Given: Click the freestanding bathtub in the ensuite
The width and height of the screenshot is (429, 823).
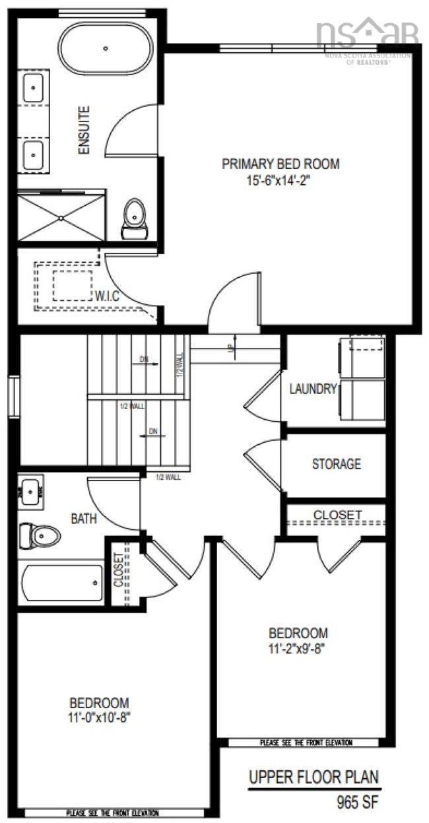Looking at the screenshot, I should (106, 48).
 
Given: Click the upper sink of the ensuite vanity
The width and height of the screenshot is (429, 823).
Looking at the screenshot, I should (33, 88).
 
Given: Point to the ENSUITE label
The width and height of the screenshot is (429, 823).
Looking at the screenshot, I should (84, 130).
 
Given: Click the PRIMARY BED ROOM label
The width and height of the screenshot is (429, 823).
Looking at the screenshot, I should (280, 164).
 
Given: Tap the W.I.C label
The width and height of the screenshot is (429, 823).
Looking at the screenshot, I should (106, 296).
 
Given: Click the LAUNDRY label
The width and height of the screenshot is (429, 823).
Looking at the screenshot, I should (313, 389).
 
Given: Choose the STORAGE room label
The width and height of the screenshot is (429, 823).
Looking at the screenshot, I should (336, 464).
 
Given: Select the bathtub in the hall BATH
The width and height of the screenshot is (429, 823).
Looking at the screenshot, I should (61, 583).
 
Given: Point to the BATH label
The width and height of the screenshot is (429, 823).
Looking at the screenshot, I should (84, 519).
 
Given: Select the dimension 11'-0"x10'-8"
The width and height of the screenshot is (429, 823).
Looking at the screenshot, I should (99, 717).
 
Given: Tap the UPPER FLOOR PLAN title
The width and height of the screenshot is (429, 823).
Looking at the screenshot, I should (314, 777).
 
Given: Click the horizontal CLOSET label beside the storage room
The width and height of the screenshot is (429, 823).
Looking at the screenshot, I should (337, 514).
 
